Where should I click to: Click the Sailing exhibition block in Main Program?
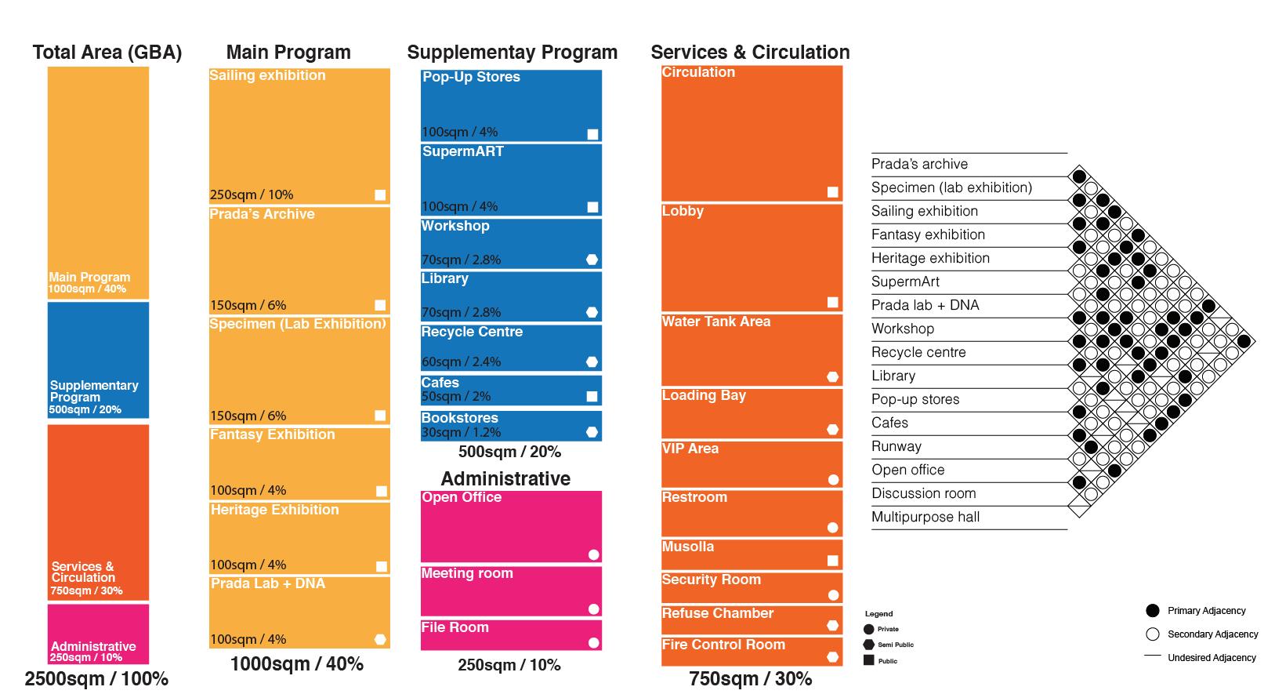click(x=299, y=135)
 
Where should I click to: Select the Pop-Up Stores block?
click(x=511, y=105)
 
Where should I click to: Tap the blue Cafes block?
click(x=511, y=391)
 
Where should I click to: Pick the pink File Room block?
click(x=511, y=635)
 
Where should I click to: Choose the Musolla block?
click(x=752, y=554)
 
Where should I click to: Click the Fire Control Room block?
click(x=752, y=652)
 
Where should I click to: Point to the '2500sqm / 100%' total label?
click(x=96, y=679)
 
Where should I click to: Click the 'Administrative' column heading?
click(x=505, y=478)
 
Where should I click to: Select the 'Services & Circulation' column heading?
click(x=750, y=53)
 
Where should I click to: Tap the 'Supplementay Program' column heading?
click(x=512, y=53)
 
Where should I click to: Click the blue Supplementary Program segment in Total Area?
click(x=98, y=360)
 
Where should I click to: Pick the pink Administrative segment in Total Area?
click(x=98, y=634)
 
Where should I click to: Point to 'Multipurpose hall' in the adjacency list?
click(x=925, y=517)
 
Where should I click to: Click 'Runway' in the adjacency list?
click(x=896, y=446)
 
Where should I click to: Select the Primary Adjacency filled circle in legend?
click(x=1152, y=611)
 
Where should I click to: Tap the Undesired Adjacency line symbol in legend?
click(x=1152, y=656)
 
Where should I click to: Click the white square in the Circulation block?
click(x=833, y=192)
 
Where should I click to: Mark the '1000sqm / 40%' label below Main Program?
click(x=297, y=664)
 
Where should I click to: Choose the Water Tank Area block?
click(x=752, y=350)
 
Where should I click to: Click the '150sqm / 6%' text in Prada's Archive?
click(x=248, y=306)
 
